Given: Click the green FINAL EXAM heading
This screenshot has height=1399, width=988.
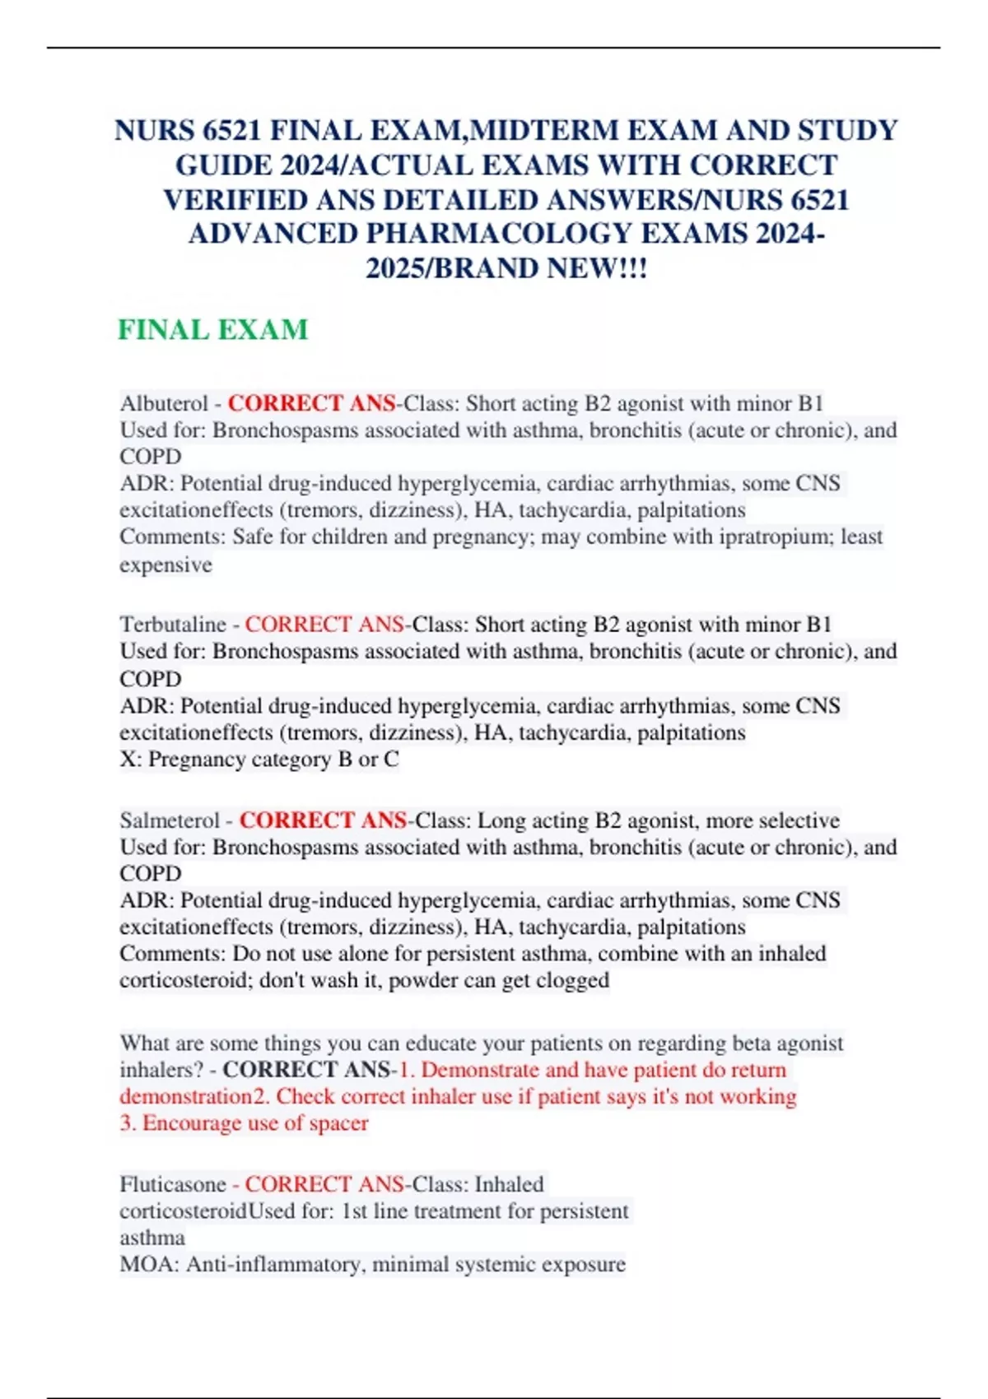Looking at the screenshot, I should tap(212, 330).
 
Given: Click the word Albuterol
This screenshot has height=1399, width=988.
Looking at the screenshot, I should tap(164, 403).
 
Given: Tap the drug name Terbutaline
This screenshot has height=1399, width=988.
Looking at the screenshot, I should tap(172, 625).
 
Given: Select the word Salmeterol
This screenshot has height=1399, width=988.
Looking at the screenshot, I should tap(170, 820).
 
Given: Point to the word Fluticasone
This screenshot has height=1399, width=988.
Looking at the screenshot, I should tap(173, 1184).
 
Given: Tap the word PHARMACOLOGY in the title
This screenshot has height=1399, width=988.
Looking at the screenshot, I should tap(500, 235).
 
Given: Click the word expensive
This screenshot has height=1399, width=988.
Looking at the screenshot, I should tap(165, 565).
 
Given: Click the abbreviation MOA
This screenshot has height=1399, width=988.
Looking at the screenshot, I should tap(148, 1264).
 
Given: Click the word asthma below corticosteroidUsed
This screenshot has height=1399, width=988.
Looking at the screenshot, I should tap(152, 1238).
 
